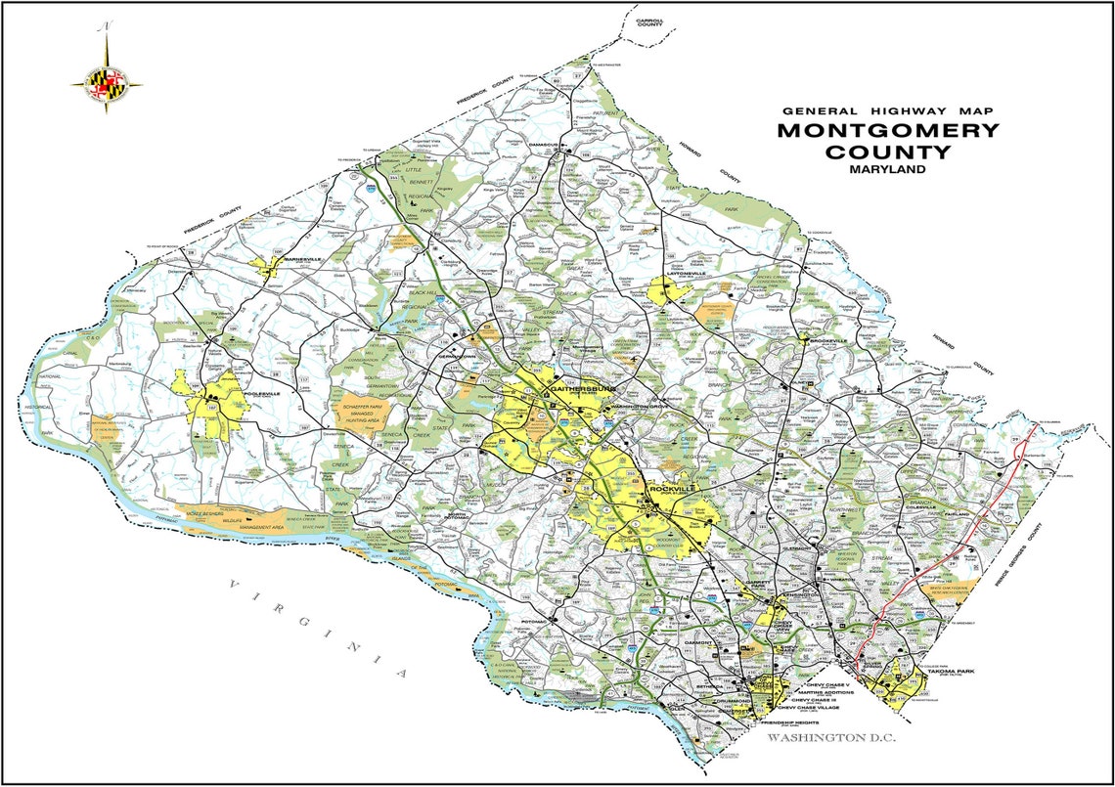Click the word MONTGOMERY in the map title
pyautogui.click(x=888, y=131)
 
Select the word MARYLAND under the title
pyautogui.click(x=887, y=169)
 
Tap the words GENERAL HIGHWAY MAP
pyautogui.click(x=887, y=110)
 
